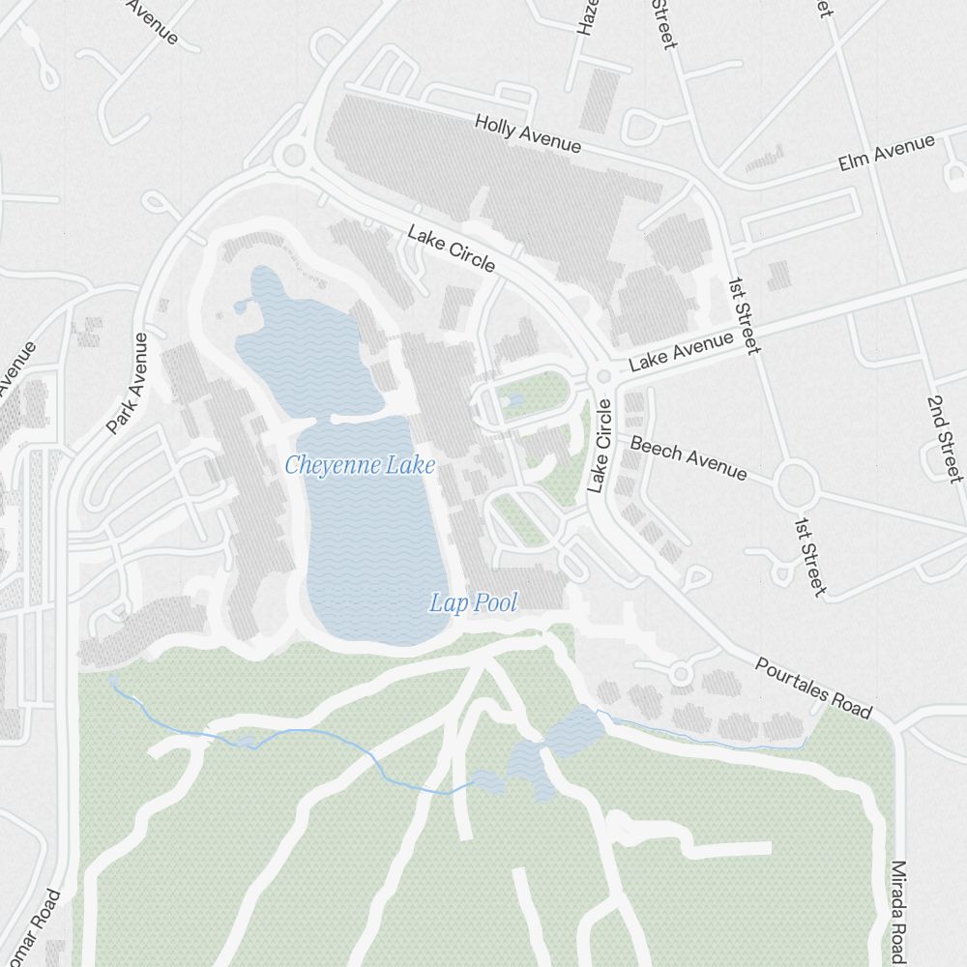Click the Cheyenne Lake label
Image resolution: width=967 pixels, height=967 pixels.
[360, 465]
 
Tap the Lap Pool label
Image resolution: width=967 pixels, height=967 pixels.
[473, 603]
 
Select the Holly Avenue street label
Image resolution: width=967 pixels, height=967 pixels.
[528, 133]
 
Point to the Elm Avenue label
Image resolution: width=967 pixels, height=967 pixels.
[887, 153]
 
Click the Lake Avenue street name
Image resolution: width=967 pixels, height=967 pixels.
[682, 352]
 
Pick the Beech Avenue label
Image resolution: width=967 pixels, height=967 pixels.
[689, 456]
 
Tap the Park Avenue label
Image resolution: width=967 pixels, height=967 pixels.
[128, 384]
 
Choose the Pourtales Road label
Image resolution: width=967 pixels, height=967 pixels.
[813, 688]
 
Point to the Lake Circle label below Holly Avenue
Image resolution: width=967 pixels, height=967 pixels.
[452, 249]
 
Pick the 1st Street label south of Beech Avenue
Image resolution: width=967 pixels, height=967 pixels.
[810, 556]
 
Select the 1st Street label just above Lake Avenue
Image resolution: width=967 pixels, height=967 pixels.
[744, 314]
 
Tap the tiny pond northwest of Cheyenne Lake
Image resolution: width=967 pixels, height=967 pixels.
[241, 308]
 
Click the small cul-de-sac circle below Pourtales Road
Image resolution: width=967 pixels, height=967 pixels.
[680, 672]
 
